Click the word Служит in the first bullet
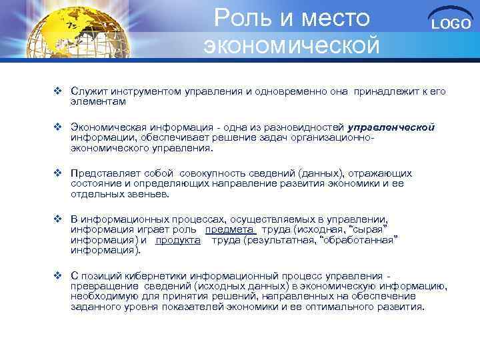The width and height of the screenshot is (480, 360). (x=88, y=91)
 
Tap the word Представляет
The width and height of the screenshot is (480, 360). (x=103, y=172)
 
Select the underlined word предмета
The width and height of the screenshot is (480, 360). (x=231, y=229)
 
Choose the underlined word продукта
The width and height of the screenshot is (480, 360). (x=178, y=240)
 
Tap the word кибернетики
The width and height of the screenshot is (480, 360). (x=159, y=275)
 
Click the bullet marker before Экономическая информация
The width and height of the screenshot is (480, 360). (x=58, y=126)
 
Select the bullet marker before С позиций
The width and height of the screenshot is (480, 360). (x=58, y=275)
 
